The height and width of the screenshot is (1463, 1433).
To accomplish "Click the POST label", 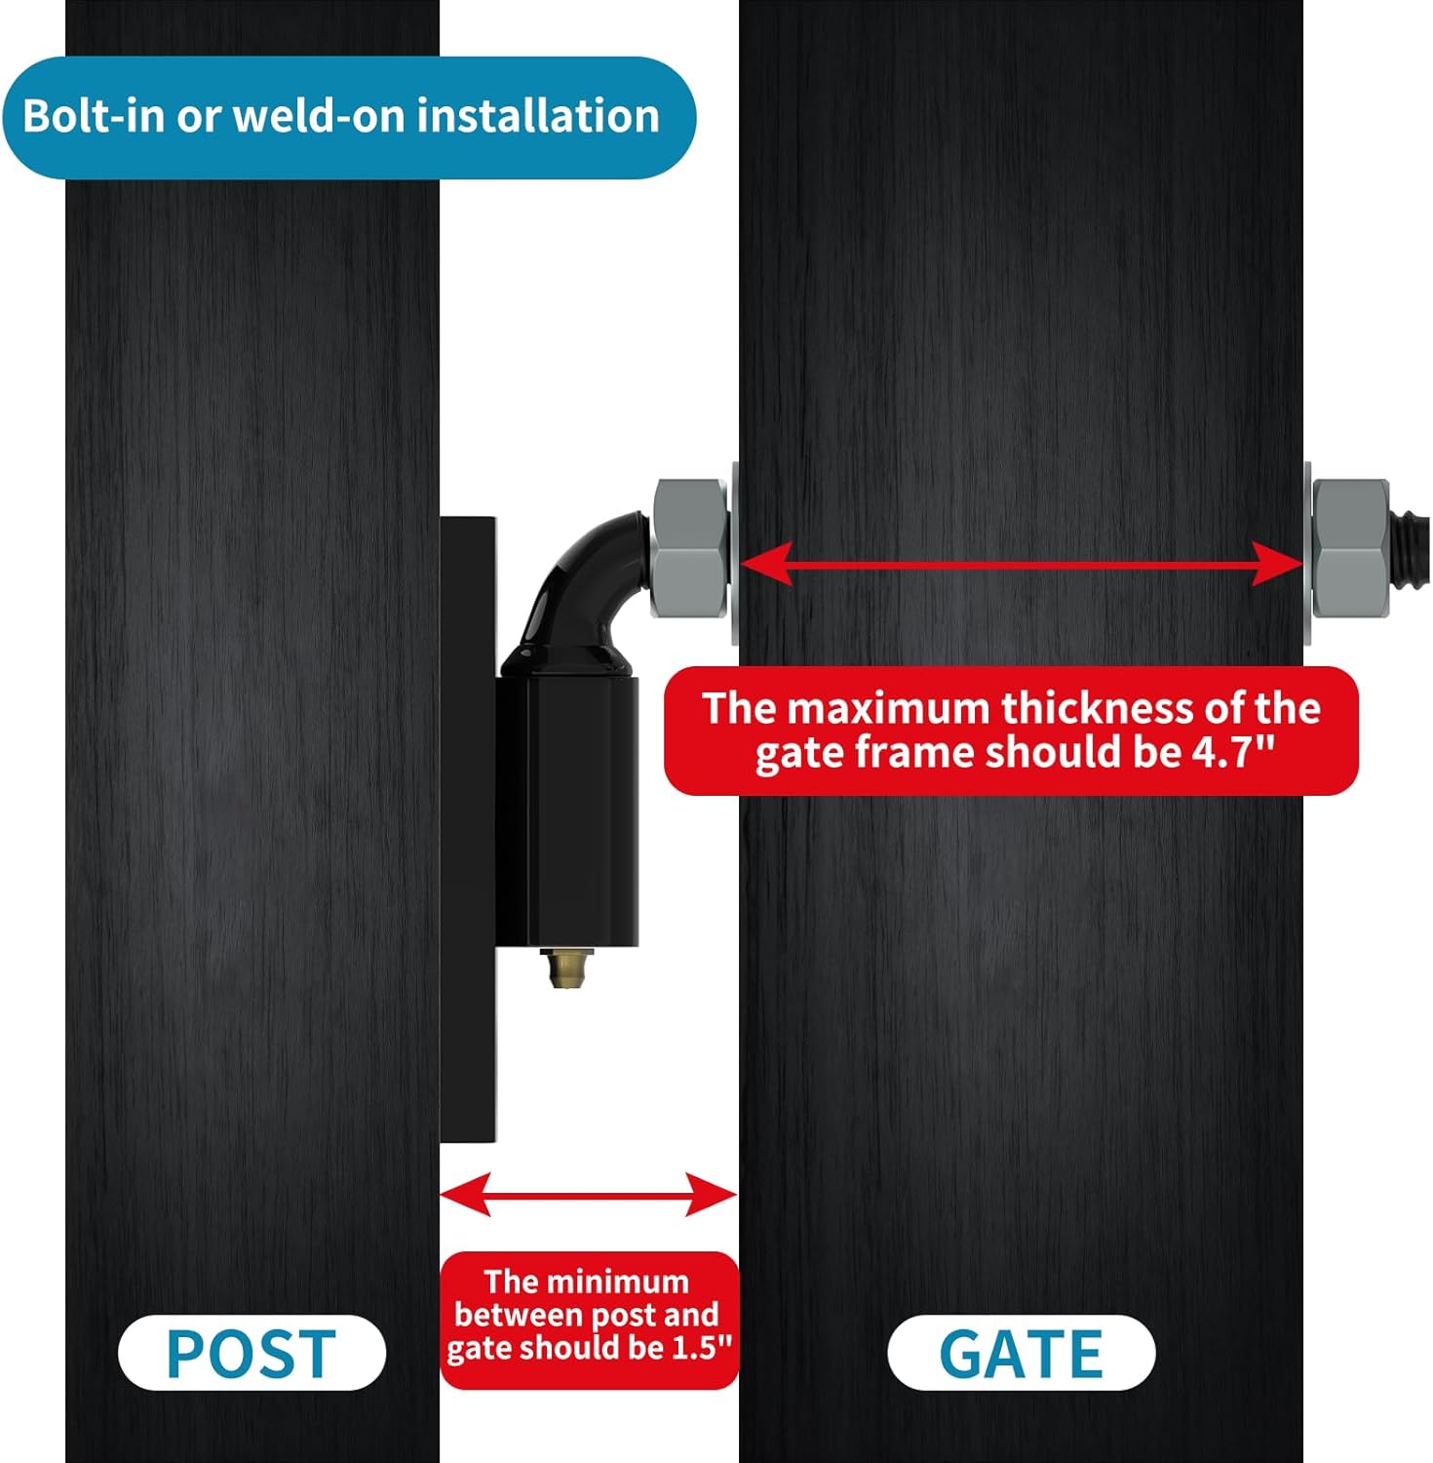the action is point(252,1353).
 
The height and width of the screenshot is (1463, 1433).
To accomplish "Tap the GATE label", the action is point(1021,1353).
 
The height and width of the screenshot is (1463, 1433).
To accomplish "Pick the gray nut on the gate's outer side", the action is point(1350,548).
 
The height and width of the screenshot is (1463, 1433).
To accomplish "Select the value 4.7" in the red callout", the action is point(1233,752).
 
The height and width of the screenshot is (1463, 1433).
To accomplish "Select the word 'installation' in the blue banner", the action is point(539,116).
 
